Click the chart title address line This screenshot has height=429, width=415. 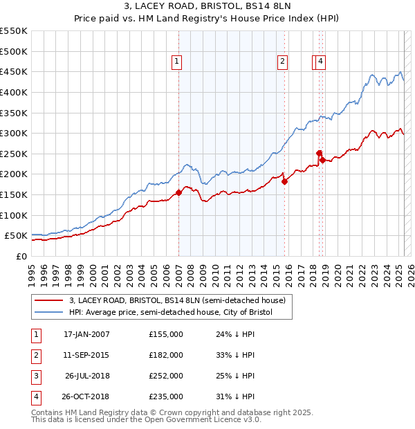coord(207,8)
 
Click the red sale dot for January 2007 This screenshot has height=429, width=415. coord(178,192)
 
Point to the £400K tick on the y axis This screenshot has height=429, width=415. coord(14,92)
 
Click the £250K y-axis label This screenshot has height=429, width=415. coord(14,154)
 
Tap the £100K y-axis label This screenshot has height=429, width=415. coord(14,215)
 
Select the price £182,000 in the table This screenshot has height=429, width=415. coord(166,355)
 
